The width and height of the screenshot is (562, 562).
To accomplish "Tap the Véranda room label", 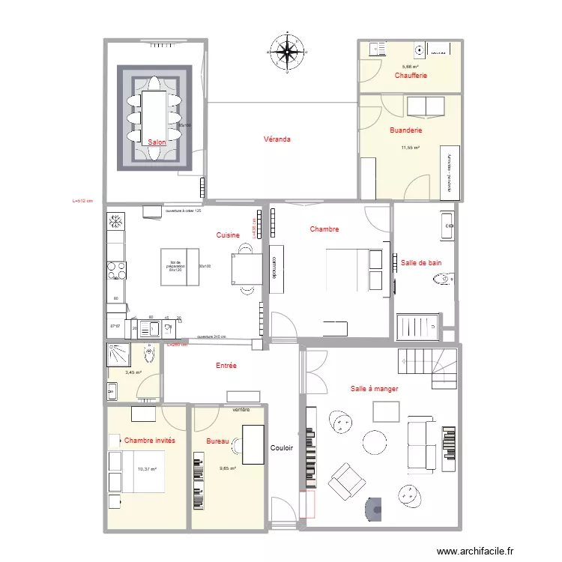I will pyautogui.click(x=277, y=139).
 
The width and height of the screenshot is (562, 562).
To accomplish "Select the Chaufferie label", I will pyautogui.click(x=411, y=76).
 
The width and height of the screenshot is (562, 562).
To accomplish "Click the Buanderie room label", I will pyautogui.click(x=406, y=130).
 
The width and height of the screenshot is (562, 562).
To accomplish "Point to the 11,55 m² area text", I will pyautogui.click(x=410, y=148).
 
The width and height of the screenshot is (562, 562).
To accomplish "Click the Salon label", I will pyautogui.click(x=157, y=142).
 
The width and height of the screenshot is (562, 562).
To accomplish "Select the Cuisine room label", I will pyautogui.click(x=228, y=235).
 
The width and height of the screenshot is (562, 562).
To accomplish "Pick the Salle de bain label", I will pyautogui.click(x=421, y=262).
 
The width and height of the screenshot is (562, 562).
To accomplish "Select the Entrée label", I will pyautogui.click(x=226, y=366).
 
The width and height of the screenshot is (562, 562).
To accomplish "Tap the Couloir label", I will pyautogui.click(x=282, y=447).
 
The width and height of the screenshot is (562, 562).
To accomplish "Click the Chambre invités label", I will pyautogui.click(x=150, y=441).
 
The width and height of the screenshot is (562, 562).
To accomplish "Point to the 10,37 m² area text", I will pyautogui.click(x=146, y=469).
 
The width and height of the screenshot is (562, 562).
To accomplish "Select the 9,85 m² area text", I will pyautogui.click(x=228, y=469).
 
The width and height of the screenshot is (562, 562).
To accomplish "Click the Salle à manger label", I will pyautogui.click(x=374, y=389).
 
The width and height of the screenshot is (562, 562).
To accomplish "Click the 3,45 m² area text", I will pyautogui.click(x=133, y=372).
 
